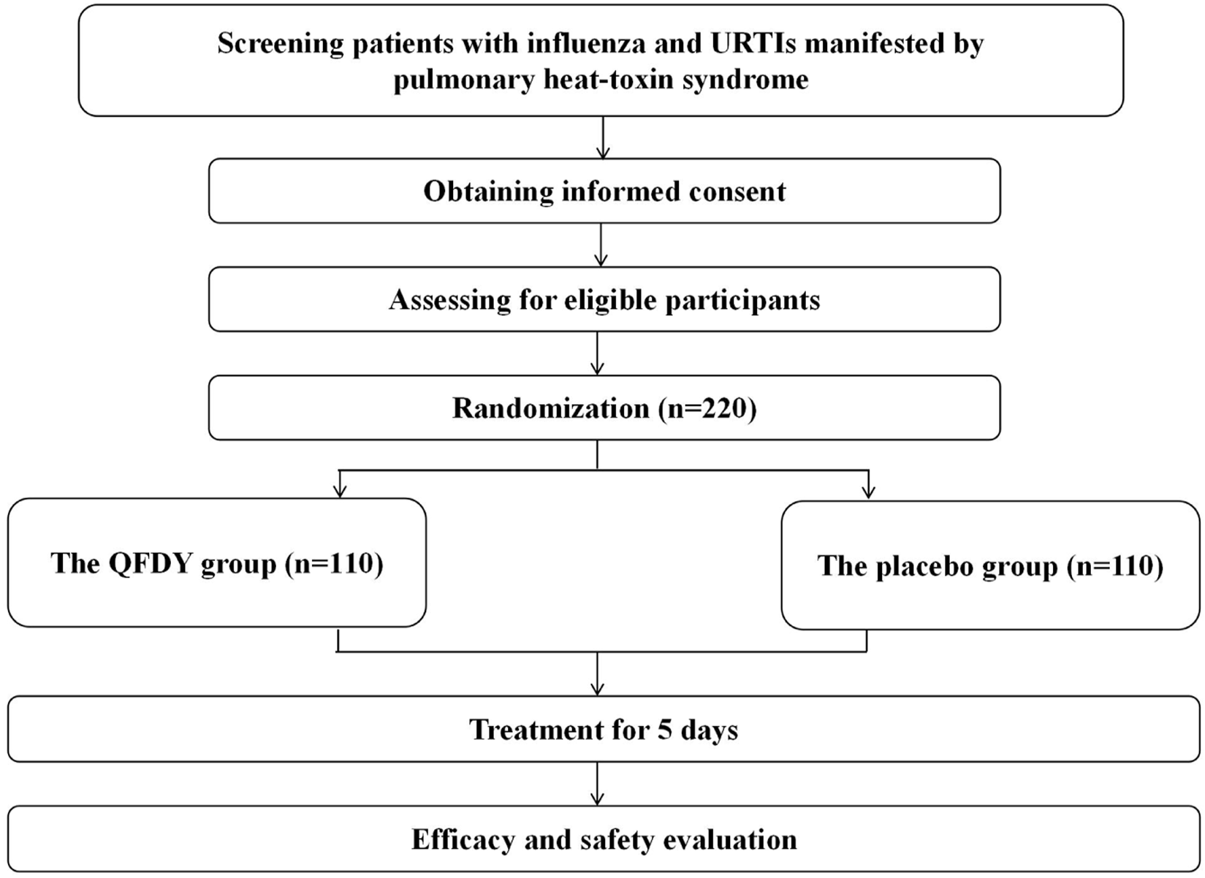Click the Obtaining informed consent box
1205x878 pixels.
[x=604, y=191]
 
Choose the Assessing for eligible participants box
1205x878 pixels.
[x=604, y=299]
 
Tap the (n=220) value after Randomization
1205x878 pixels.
[x=707, y=408]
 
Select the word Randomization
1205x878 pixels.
[x=550, y=408]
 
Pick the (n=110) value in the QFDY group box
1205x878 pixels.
[x=334, y=563]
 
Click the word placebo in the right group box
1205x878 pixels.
[x=922, y=566]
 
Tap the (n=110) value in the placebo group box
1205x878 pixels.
[x=1115, y=566]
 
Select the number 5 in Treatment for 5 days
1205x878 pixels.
[x=664, y=730]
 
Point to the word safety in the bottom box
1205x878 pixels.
[x=615, y=839]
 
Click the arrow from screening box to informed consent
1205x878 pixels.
[x=603, y=138]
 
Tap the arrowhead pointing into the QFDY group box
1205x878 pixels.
[x=339, y=491]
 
